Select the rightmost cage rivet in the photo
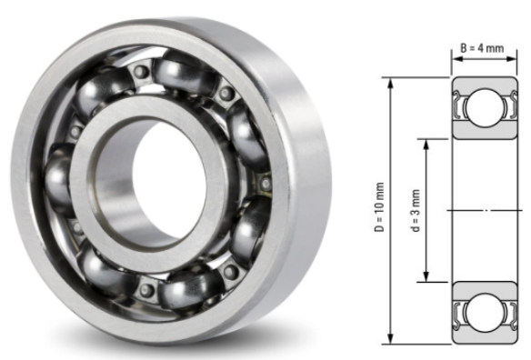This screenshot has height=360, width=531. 265,185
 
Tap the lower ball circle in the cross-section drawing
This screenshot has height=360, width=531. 483,311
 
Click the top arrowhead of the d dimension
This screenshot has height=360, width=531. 426,143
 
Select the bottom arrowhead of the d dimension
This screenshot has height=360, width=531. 426,278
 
